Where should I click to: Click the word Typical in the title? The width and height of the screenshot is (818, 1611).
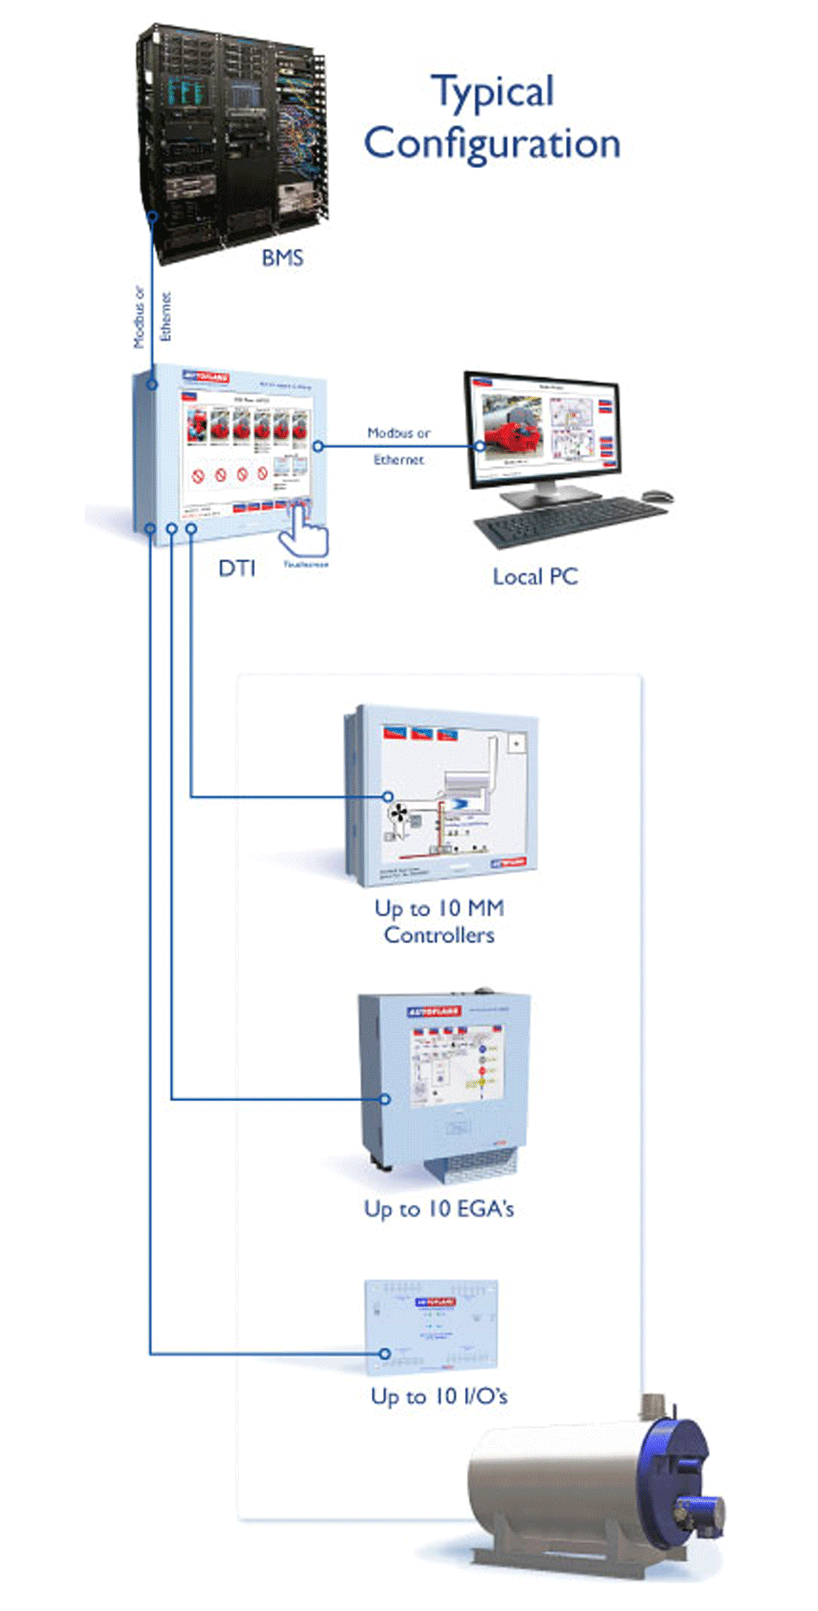coord(493,92)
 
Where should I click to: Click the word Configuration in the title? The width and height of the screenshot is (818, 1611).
coord(492,144)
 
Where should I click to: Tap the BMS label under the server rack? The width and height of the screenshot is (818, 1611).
coord(283,258)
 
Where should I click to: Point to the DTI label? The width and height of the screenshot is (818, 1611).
coord(236,569)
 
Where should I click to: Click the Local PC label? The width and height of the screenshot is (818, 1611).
coord(535,577)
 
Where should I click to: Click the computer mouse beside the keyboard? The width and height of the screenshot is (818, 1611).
coord(657,496)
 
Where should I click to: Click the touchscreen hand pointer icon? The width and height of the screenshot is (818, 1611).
coord(306,530)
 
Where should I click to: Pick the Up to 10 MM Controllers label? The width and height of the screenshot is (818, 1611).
coord(439,921)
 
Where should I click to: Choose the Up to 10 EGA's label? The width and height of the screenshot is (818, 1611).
coord(439,1209)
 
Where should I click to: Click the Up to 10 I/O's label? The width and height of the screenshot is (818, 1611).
coord(439,1397)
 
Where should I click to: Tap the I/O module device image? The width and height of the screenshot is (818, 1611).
coord(431,1327)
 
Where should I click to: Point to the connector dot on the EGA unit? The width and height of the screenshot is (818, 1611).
coord(385,1098)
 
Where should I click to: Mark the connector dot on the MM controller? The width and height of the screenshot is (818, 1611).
coord(387,797)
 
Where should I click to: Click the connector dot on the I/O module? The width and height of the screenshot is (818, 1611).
coord(385,1354)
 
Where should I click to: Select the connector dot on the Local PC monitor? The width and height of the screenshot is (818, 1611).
coord(480,446)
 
